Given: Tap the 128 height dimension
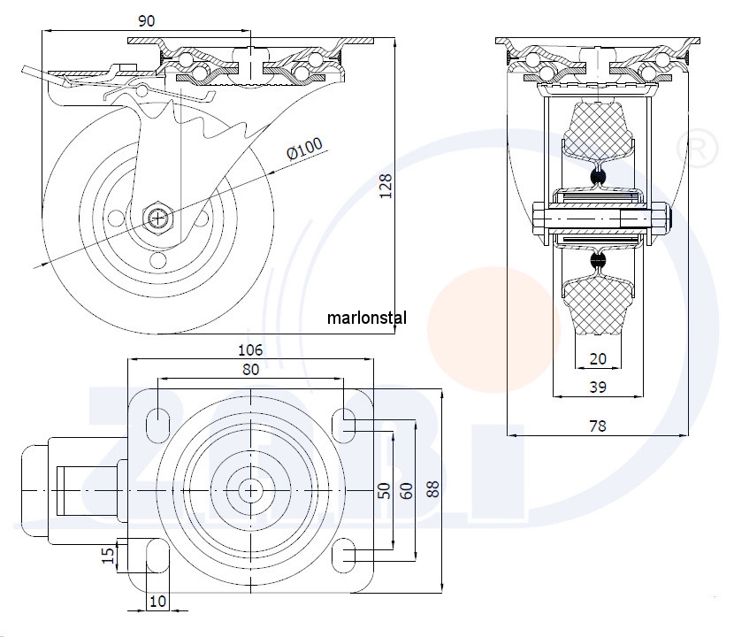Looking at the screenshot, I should coord(386,186).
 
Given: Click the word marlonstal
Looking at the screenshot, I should coord(366,317).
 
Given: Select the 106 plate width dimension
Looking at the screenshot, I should coord(251,350).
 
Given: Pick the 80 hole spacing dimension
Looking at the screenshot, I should coord(250,371).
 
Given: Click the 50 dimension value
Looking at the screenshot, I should coord(384,490).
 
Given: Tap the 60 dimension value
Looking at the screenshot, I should coord(407,490).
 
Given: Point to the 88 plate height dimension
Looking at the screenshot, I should coord(432,490).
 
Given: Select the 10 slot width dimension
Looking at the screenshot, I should coord(157,602).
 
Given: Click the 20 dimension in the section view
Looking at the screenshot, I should coord(599,358).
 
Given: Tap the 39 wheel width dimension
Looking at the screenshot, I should coord(598,387).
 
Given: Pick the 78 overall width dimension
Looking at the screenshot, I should coord(598,426).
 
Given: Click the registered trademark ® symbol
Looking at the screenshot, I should coord(694,148).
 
